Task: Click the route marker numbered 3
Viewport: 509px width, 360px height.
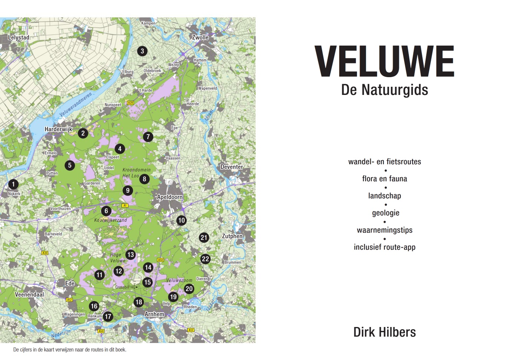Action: (x=142, y=51)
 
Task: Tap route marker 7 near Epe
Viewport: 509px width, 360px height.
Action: (x=148, y=137)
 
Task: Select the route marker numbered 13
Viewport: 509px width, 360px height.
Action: (x=130, y=255)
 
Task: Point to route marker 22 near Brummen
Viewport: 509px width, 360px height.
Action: (x=205, y=259)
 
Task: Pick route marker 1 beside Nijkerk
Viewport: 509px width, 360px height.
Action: (x=13, y=184)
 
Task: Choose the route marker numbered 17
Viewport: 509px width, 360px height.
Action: (x=108, y=317)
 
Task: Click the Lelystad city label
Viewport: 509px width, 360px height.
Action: (x=19, y=37)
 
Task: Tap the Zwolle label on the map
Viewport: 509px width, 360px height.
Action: (x=200, y=37)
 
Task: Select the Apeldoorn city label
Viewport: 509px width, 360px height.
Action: (x=170, y=197)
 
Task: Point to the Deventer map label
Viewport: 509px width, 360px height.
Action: (x=232, y=167)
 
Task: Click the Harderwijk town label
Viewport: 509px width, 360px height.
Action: (x=58, y=129)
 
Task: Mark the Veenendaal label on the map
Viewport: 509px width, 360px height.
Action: (x=29, y=295)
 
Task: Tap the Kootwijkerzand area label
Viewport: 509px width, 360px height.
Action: (x=110, y=220)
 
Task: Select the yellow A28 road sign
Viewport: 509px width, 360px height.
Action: (x=130, y=103)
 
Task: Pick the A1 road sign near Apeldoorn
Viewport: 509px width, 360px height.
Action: (x=125, y=205)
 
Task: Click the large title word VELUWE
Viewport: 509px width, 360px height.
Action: (x=384, y=62)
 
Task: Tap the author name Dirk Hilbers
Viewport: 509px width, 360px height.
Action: (x=384, y=332)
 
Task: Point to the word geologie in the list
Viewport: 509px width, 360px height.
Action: (x=386, y=213)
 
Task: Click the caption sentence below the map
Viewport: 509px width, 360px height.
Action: (x=70, y=350)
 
